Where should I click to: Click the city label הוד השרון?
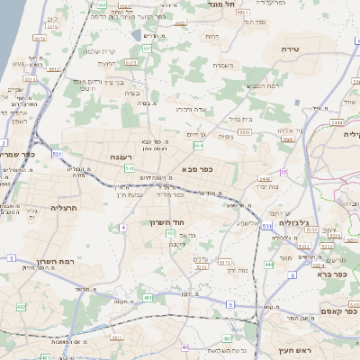[167, 220]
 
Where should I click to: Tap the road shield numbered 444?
[268, 265]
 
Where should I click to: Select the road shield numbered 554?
[197, 144]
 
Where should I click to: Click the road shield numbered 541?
[130, 167]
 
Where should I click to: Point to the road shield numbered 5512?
[202, 265]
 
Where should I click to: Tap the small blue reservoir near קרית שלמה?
[136, 35]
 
